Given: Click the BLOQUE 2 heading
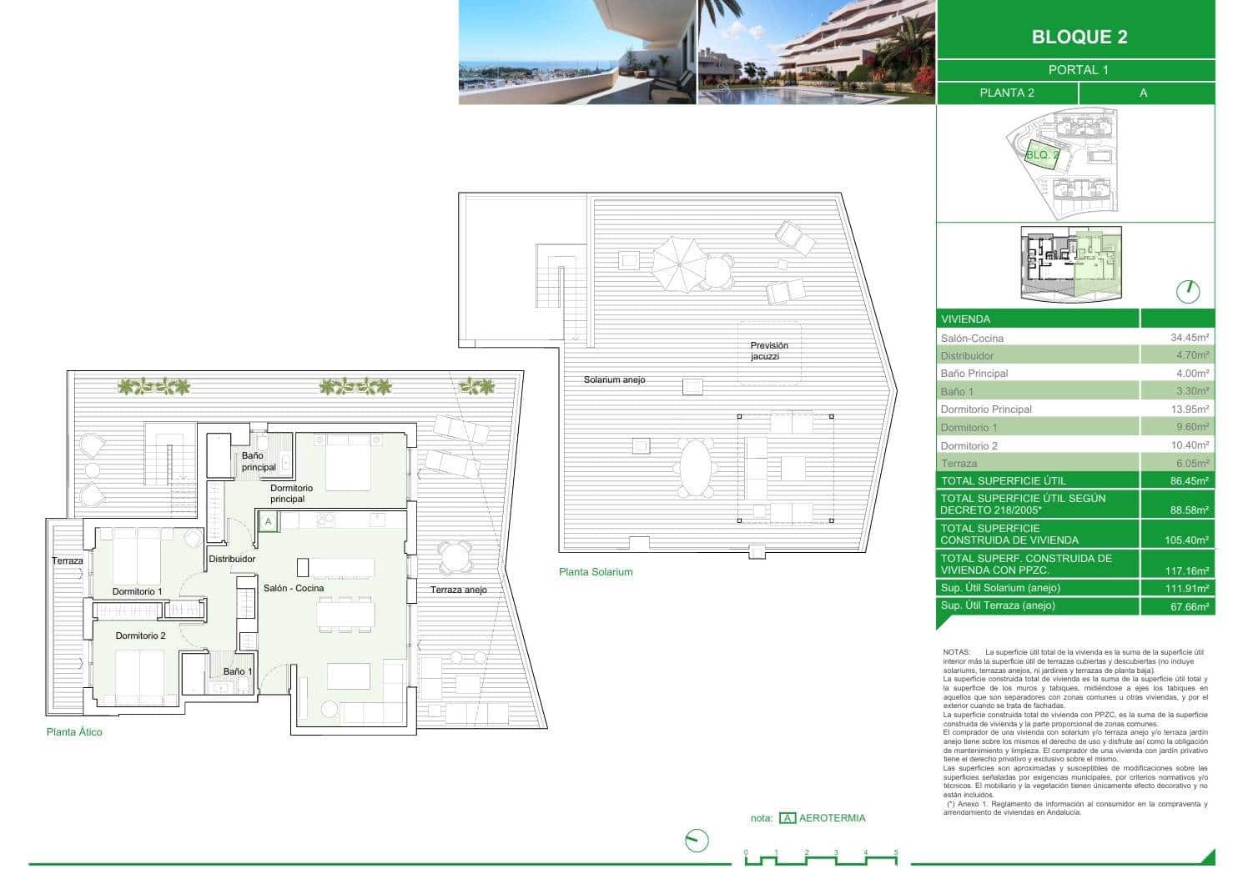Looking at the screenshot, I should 1079,37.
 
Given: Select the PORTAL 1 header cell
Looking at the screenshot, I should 1078,70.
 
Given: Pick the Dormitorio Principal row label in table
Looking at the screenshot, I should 986,409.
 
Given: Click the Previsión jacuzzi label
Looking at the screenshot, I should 768,351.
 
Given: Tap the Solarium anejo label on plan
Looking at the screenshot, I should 614,380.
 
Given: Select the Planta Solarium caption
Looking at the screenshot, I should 596,572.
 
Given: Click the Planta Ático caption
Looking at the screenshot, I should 74,732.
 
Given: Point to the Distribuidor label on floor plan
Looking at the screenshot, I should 232,560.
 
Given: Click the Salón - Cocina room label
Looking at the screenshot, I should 294,589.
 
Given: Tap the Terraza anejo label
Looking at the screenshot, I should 458,590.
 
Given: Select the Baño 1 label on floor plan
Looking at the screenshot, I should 238,672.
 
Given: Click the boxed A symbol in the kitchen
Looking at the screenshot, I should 268,523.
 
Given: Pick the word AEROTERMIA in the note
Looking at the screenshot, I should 832,818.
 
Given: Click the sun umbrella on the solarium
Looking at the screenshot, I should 677,264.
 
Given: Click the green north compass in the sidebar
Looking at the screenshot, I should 1187,291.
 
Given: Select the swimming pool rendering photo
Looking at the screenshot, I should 816,52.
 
